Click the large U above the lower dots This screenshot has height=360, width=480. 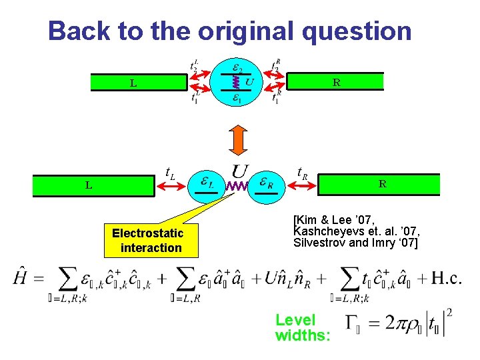239,171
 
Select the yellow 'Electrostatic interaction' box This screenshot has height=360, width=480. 147,241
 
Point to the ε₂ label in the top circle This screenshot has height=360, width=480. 237,67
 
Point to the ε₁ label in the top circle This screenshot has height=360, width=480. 237,99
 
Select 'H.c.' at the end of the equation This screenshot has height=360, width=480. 445,278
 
